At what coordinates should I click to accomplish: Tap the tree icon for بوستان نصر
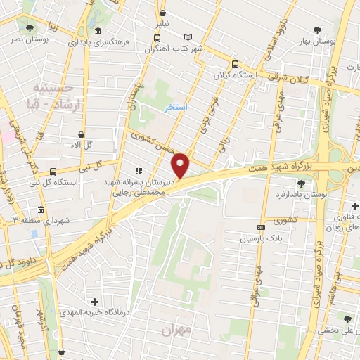[30, 28]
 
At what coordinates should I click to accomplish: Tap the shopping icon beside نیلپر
[162, 13]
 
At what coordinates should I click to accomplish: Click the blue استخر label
[175, 108]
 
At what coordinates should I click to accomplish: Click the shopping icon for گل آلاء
[82, 134]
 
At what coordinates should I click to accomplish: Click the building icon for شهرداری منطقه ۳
[41, 210]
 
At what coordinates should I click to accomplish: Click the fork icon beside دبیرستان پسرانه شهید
[138, 170]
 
